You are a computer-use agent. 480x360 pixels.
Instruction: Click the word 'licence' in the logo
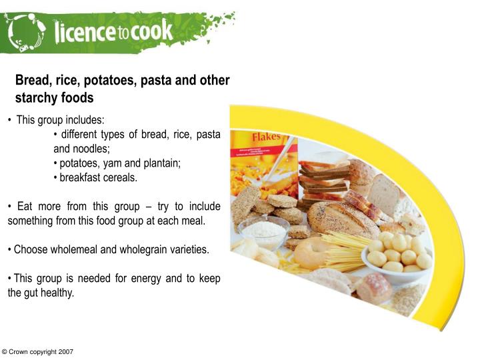pyautogui.click(x=83, y=30)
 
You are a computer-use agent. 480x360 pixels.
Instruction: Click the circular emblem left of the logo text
pyautogui.click(x=25, y=30)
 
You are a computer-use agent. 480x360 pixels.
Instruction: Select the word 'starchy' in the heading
pyautogui.click(x=39, y=97)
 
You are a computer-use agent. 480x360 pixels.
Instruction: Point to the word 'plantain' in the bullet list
pyautogui.click(x=163, y=163)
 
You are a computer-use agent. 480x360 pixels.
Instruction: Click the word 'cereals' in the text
pyautogui.click(x=119, y=177)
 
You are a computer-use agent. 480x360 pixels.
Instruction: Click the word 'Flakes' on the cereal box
pyautogui.click(x=266, y=136)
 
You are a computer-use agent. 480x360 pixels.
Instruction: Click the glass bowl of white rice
pyautogui.click(x=263, y=231)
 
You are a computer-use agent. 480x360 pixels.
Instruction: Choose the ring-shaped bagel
pyautogui.click(x=310, y=253)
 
